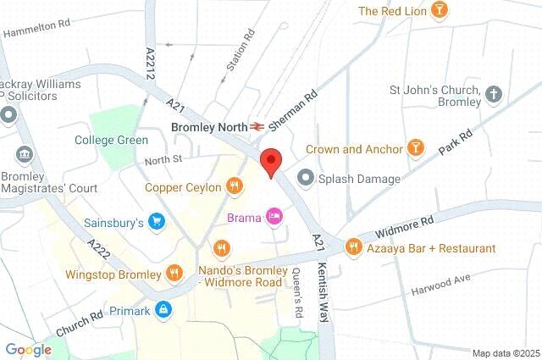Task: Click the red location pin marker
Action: (x=270, y=161)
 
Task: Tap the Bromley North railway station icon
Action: (x=255, y=125)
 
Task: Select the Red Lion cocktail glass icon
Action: (x=440, y=10)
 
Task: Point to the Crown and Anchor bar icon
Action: (x=416, y=149)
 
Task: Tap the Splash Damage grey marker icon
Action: (x=305, y=178)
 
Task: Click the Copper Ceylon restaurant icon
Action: (x=234, y=187)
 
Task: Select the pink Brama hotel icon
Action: (x=274, y=218)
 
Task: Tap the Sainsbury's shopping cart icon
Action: (x=156, y=223)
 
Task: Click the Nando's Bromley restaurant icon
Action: (x=221, y=248)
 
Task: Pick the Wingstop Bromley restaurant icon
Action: (x=174, y=274)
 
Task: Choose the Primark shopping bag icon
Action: (x=163, y=311)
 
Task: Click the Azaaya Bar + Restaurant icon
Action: (x=353, y=247)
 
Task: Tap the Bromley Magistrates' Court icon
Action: (x=23, y=156)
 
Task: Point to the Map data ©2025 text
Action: (x=506, y=352)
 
